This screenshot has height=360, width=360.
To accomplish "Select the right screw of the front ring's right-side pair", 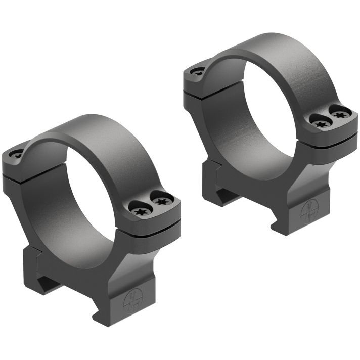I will (161, 202).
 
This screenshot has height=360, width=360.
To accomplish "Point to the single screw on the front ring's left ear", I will (17, 156).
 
